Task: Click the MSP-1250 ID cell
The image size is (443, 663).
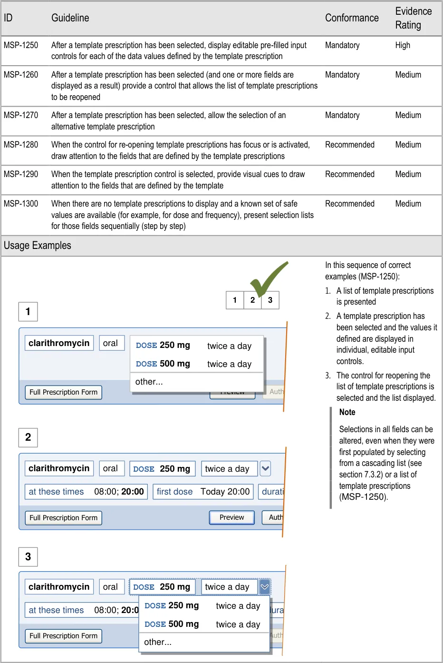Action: tap(21, 45)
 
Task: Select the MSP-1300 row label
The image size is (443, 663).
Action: tap(21, 204)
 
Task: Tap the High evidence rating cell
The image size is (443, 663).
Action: tap(403, 45)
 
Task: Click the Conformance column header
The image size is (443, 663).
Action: tap(352, 18)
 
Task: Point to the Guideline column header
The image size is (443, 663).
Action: tap(70, 18)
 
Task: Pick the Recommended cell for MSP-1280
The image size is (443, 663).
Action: tap(349, 145)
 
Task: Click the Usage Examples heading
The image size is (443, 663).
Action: tap(38, 246)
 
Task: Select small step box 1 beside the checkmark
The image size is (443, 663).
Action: tap(235, 300)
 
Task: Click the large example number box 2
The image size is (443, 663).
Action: tap(28, 437)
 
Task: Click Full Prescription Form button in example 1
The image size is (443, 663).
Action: tap(63, 392)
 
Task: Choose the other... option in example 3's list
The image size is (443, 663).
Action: tap(158, 642)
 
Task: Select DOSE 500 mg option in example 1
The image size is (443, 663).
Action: tap(194, 364)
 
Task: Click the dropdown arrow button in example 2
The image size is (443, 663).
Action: tap(265, 468)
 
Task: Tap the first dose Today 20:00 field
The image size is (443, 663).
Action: tap(203, 492)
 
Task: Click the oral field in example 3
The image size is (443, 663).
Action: tap(110, 587)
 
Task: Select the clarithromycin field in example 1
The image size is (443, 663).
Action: tap(59, 343)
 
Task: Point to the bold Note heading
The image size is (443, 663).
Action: tap(347, 412)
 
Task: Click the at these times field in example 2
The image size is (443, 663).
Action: tap(86, 492)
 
